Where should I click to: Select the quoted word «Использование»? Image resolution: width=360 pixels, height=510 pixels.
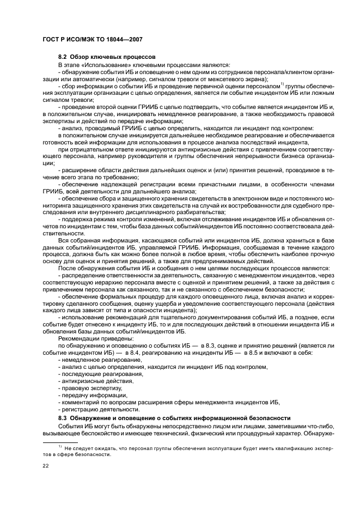(102, 65)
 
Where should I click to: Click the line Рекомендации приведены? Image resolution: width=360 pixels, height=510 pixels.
(88, 338)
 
